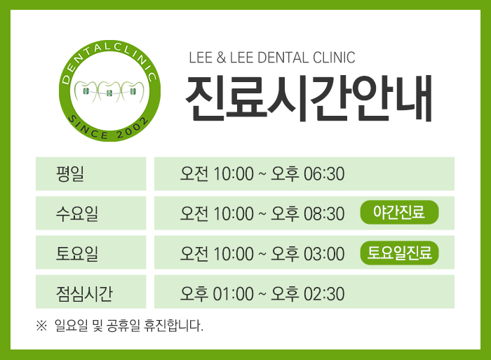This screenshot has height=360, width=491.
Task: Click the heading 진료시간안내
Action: point(309,98)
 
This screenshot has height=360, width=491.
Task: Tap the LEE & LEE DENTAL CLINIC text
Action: point(272,58)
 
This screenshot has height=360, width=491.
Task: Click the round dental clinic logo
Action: point(109,91)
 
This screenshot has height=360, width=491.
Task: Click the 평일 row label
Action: point(70,173)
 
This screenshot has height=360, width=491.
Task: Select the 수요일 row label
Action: point(77,213)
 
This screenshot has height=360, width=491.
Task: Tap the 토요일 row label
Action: point(77,253)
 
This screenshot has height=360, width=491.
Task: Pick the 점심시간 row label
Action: point(84,293)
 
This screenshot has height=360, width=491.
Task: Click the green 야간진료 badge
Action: point(399,212)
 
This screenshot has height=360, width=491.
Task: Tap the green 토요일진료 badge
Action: point(399,253)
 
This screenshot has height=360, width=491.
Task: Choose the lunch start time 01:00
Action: point(234,293)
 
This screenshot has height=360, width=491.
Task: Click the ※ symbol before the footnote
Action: point(41,326)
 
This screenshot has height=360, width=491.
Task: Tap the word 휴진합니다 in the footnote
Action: point(173,326)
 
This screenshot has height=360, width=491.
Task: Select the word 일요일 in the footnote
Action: point(71,326)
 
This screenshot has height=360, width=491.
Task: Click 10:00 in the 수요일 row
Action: point(234,213)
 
